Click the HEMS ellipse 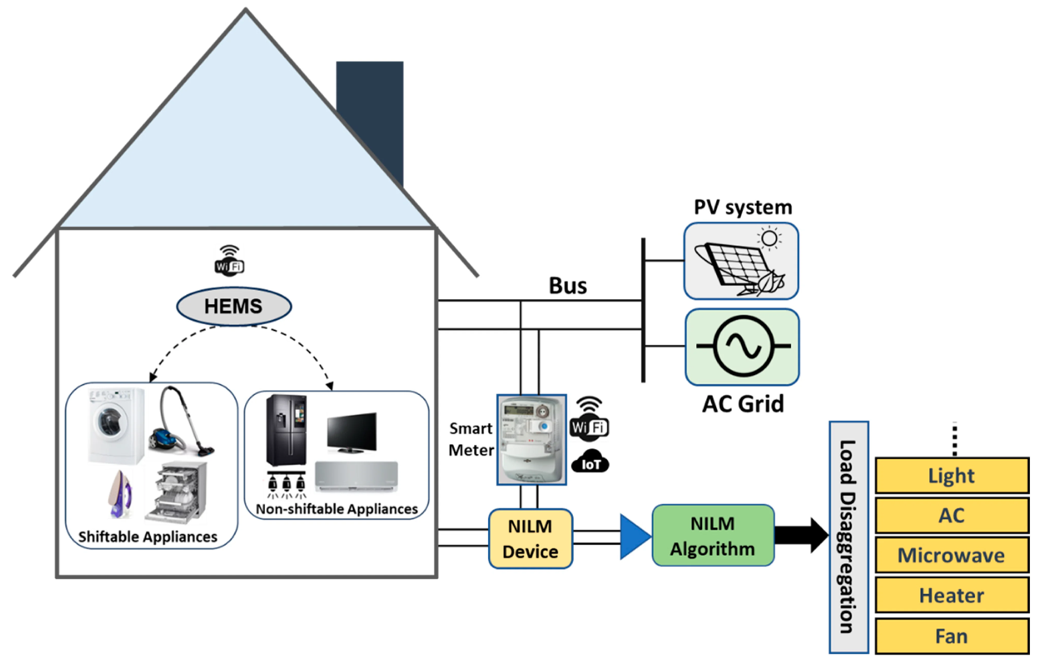tap(234, 306)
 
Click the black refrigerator tap(286, 430)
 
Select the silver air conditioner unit tap(356, 476)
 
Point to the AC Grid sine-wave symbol tap(743, 346)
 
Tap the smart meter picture tap(531, 439)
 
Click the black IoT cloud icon tap(590, 462)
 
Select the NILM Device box tap(530, 539)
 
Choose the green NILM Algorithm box tap(713, 535)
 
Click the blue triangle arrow tap(633, 537)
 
